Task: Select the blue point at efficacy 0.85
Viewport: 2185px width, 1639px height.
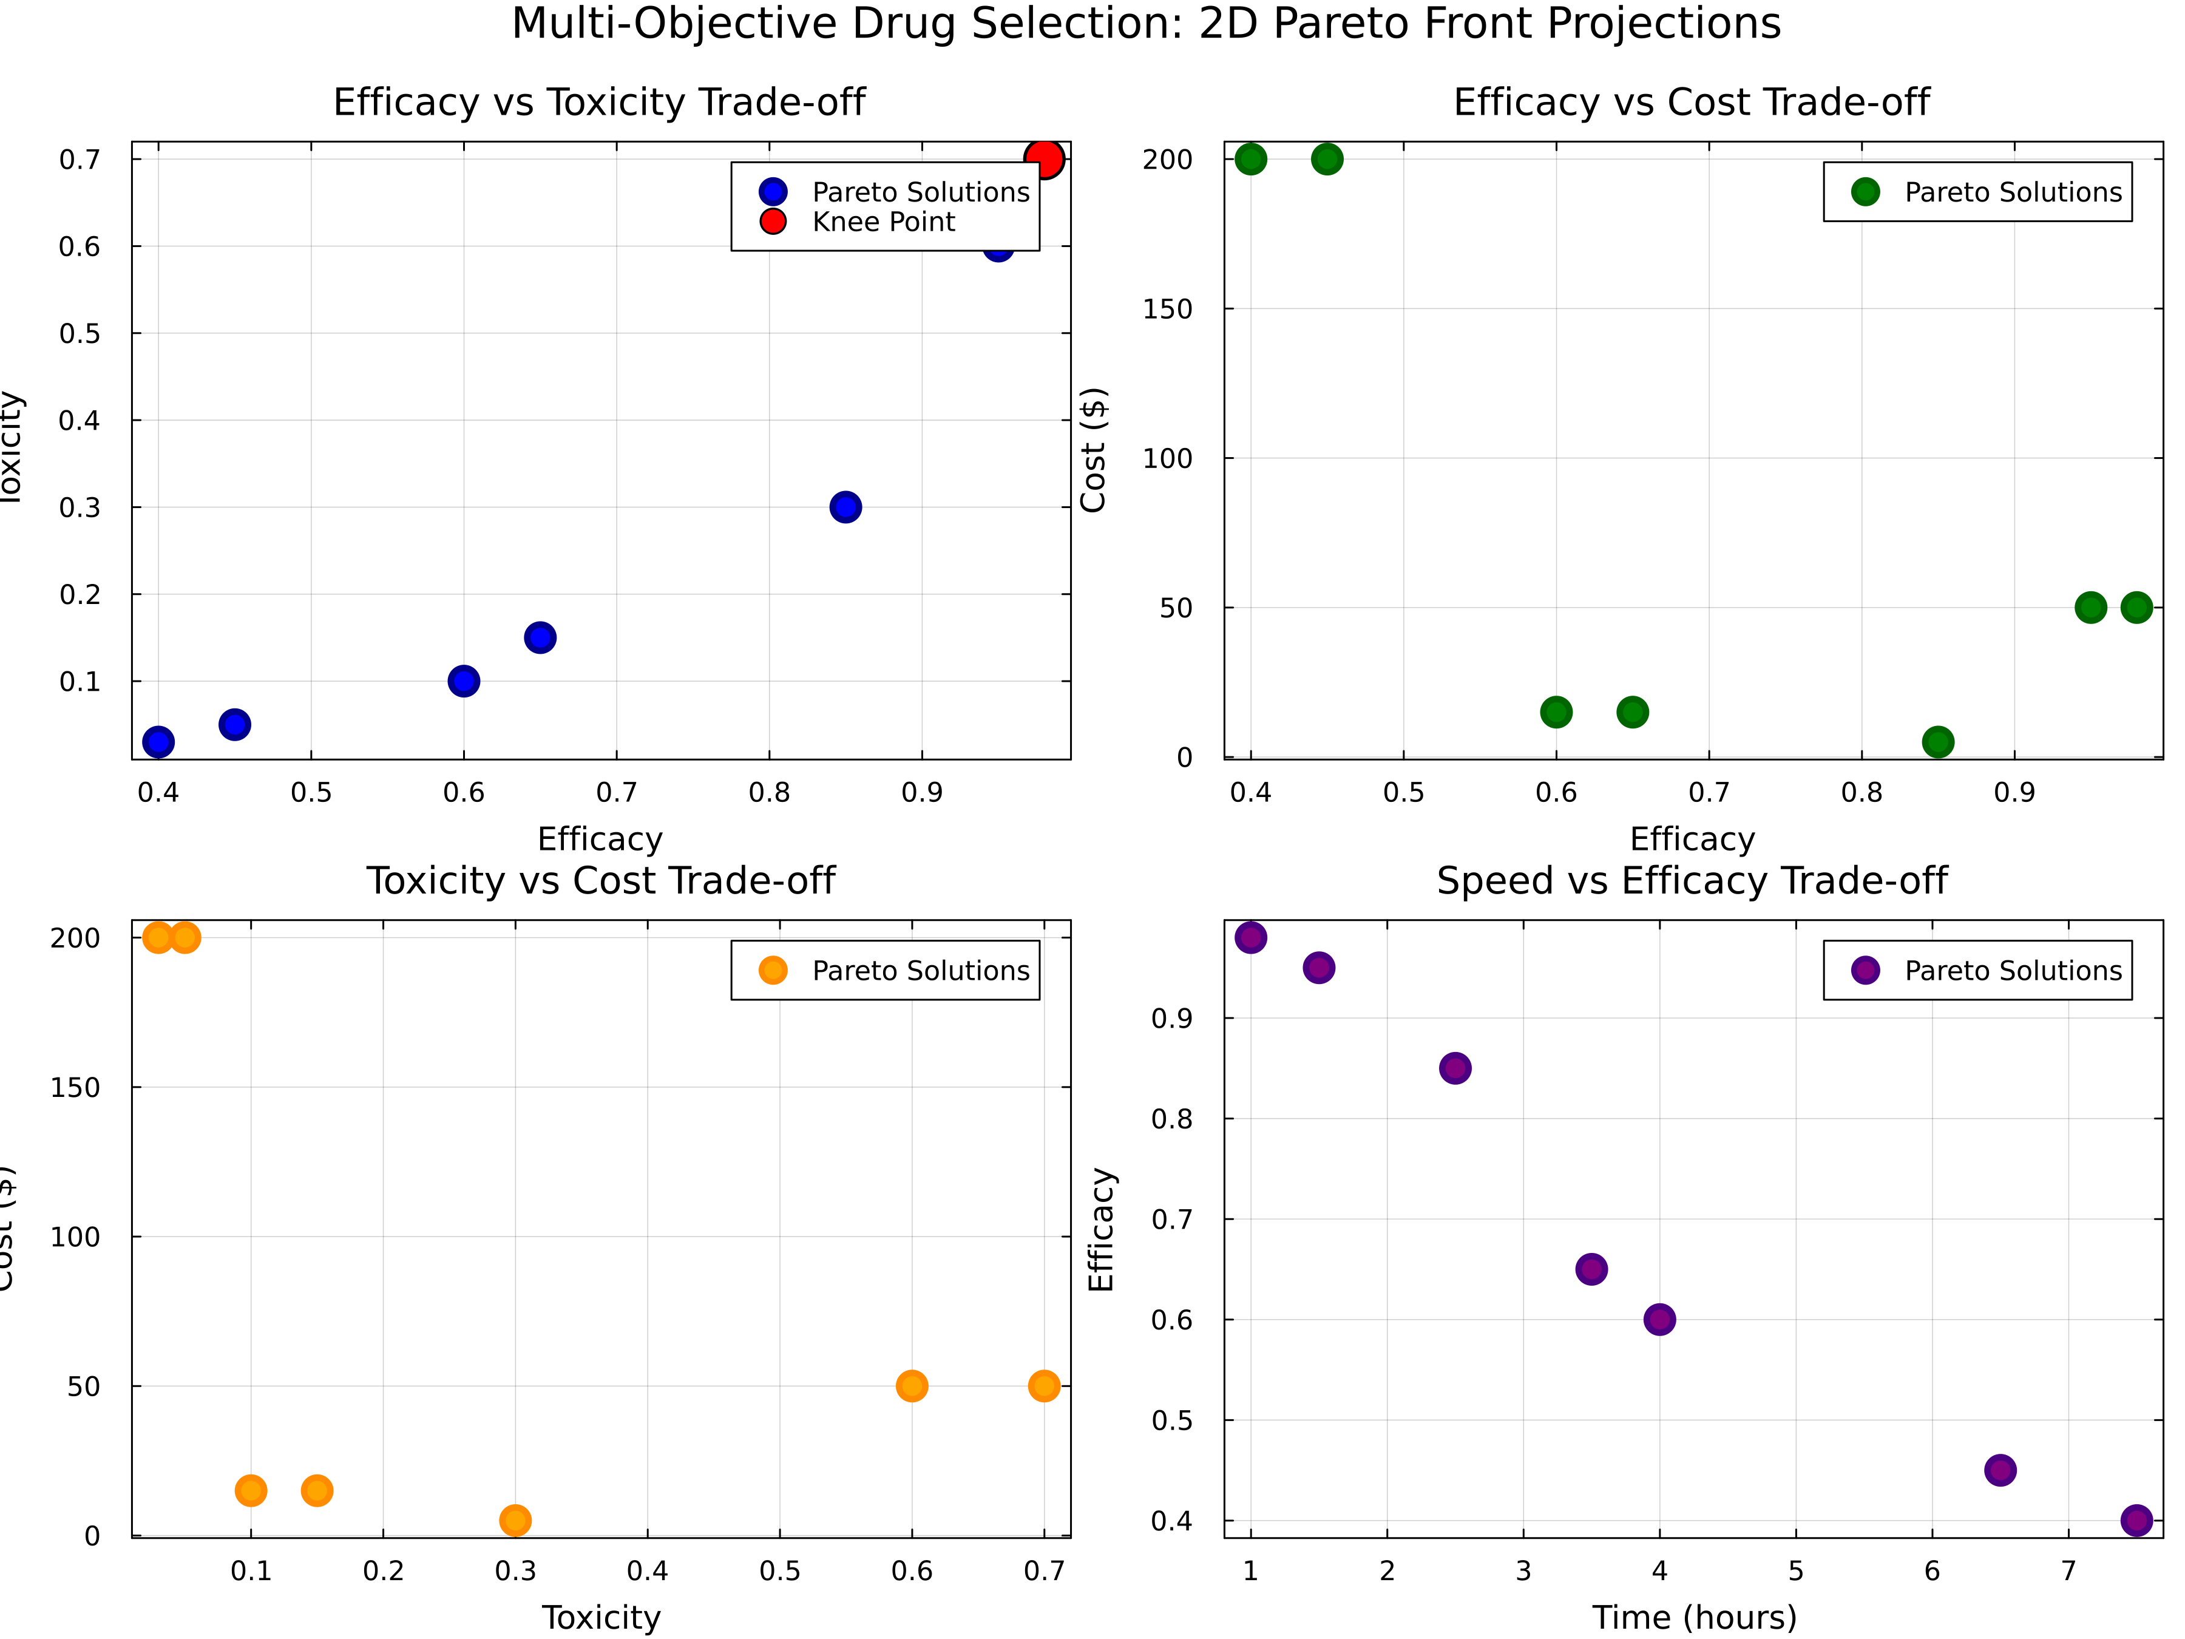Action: pos(845,507)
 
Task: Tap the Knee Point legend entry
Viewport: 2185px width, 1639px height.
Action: pos(883,222)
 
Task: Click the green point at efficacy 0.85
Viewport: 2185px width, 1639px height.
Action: pos(1938,742)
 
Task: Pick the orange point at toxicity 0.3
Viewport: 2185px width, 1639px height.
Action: pos(515,1519)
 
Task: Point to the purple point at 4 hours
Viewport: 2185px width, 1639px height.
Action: pos(1659,1319)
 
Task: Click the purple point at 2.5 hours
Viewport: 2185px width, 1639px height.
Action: pos(1455,1068)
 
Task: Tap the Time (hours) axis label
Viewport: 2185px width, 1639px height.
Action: pos(1694,1617)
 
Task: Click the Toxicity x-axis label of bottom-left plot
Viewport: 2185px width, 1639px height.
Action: pos(601,1617)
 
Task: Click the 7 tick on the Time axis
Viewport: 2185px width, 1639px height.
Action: pos(2068,1571)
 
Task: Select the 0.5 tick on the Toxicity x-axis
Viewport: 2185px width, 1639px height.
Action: pos(779,1571)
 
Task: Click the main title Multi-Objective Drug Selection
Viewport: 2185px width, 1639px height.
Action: pos(1146,24)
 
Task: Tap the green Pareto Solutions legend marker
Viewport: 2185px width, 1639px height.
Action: pos(1865,192)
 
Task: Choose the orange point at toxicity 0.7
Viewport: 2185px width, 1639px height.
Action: pos(1044,1386)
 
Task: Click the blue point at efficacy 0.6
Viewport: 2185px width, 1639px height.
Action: pos(463,680)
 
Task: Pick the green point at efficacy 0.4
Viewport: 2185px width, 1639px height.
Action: pos(1250,159)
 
